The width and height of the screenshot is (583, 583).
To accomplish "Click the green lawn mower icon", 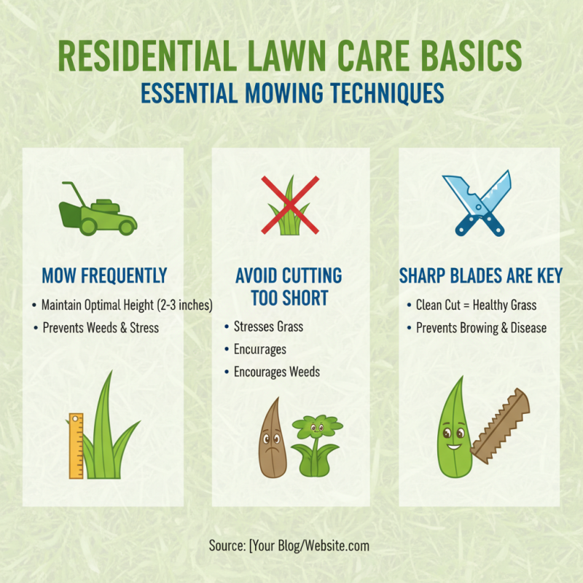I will coord(98,208).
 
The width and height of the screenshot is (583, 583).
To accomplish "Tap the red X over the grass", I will coord(290,205).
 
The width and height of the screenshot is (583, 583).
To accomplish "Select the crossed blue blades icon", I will coord(477,203).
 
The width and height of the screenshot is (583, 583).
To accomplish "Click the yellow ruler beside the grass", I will coord(76,445).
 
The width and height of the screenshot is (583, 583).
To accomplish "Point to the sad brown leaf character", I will coord(273,437).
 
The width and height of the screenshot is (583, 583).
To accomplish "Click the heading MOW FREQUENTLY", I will coord(105,276).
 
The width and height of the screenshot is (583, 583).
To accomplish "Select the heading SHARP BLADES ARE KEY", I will coord(480,276).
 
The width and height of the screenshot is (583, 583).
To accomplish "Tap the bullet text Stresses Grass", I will coord(268,326).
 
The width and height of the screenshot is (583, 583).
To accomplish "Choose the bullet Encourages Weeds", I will coord(276,372).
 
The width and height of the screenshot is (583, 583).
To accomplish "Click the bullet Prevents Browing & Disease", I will coord(481,328).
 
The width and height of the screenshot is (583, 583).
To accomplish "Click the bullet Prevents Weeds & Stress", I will coord(100,327).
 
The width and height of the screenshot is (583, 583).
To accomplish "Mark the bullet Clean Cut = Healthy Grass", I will coord(476,305).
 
